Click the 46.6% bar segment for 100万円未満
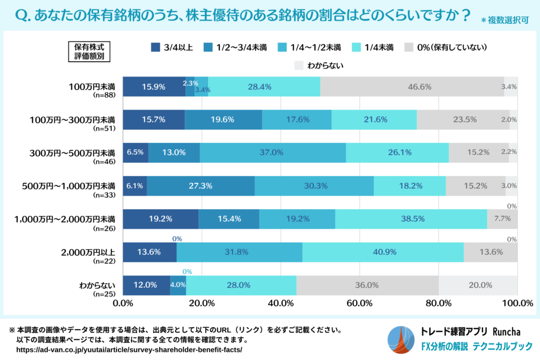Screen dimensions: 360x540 click(x=411, y=86)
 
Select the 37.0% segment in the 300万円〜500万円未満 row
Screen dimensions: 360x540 click(x=273, y=152)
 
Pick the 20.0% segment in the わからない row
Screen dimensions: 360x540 click(x=478, y=285)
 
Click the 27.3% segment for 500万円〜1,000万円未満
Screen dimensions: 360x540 click(x=200, y=186)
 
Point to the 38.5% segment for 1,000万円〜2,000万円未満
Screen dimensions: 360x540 click(x=411, y=219)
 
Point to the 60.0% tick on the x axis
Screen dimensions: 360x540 click(x=360, y=303)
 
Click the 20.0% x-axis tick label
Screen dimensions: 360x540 click(x=202, y=303)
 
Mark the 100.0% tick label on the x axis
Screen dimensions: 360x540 click(x=517, y=303)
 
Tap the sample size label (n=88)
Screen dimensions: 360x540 click(x=103, y=95)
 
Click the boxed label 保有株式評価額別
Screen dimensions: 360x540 click(x=89, y=52)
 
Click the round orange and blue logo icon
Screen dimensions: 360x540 click(x=401, y=339)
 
